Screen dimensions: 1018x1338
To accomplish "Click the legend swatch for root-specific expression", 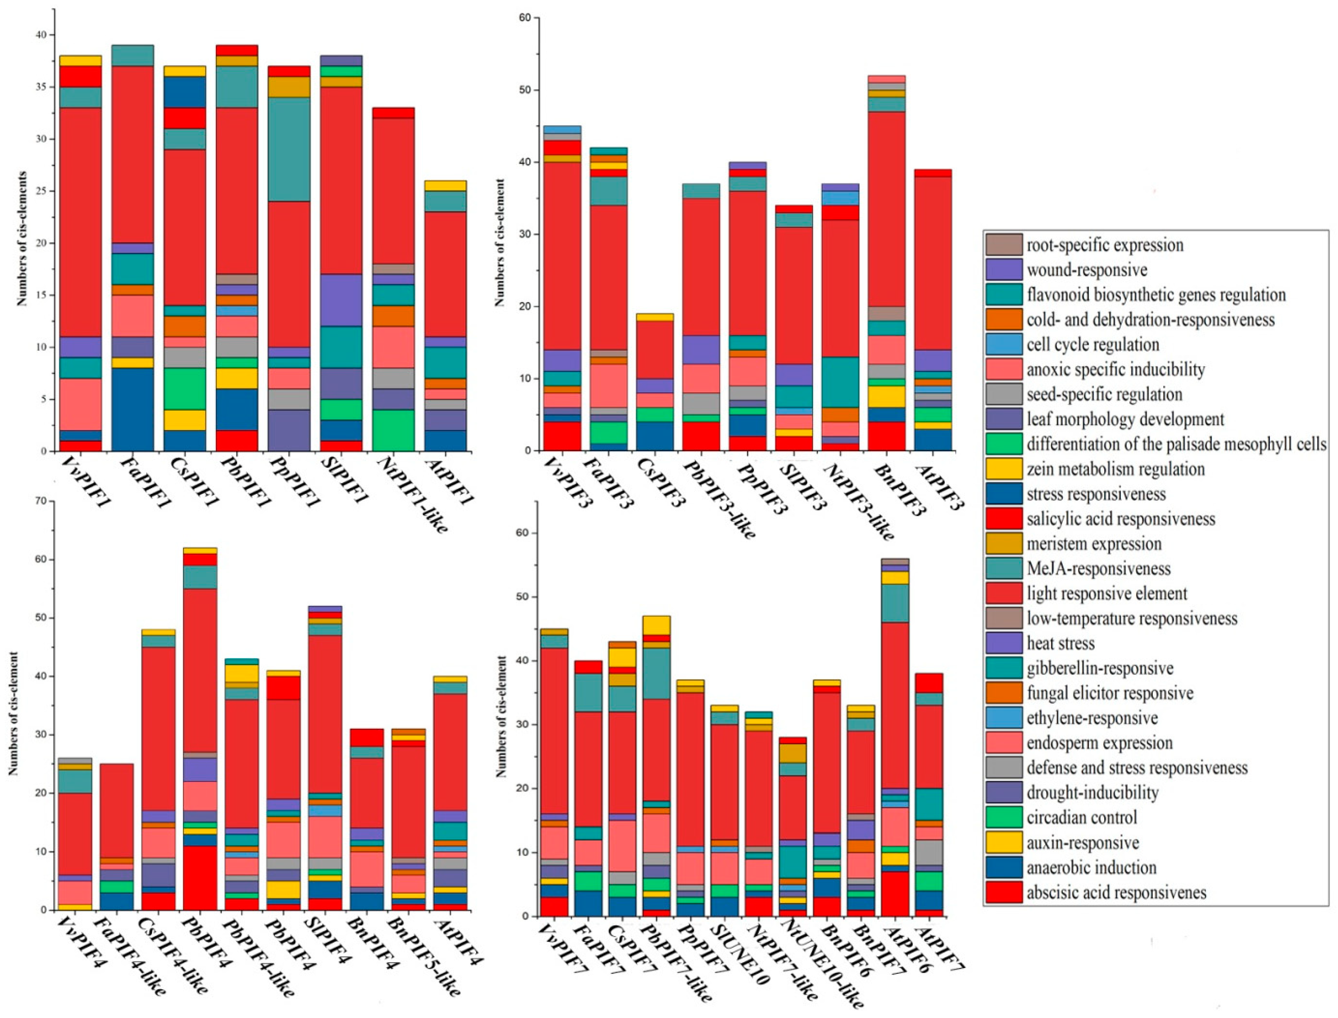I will coord(1004,245).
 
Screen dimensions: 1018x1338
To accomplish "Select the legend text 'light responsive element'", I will coord(1106,593).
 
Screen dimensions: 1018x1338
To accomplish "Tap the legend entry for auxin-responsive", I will coord(1082,842).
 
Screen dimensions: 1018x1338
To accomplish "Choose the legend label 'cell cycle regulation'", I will coord(1093,344).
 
